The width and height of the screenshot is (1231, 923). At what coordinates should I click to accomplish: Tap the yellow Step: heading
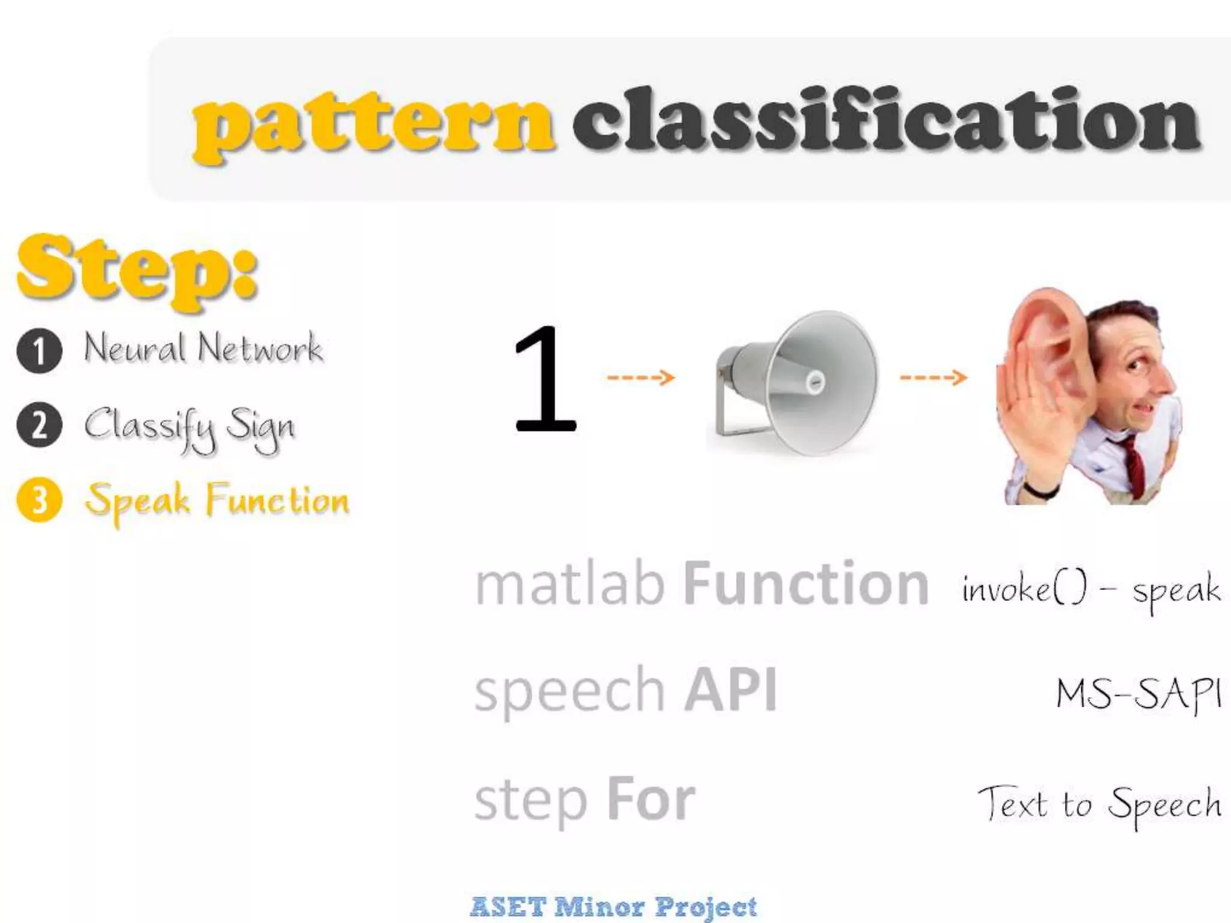(x=138, y=270)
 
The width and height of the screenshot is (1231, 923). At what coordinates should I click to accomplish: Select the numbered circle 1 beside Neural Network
(x=40, y=352)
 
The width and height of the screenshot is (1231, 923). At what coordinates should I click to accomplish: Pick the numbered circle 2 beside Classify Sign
(x=40, y=425)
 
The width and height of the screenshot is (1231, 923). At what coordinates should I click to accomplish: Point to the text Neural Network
(x=203, y=349)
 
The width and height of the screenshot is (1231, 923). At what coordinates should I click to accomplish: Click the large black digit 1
(x=544, y=379)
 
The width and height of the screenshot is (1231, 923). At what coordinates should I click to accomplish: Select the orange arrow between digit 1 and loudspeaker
(x=641, y=378)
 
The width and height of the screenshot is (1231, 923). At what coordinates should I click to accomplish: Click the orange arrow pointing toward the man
(x=933, y=378)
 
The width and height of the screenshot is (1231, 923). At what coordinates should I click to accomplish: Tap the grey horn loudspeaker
(x=796, y=382)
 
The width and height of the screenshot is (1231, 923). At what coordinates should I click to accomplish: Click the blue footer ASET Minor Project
(x=613, y=906)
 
